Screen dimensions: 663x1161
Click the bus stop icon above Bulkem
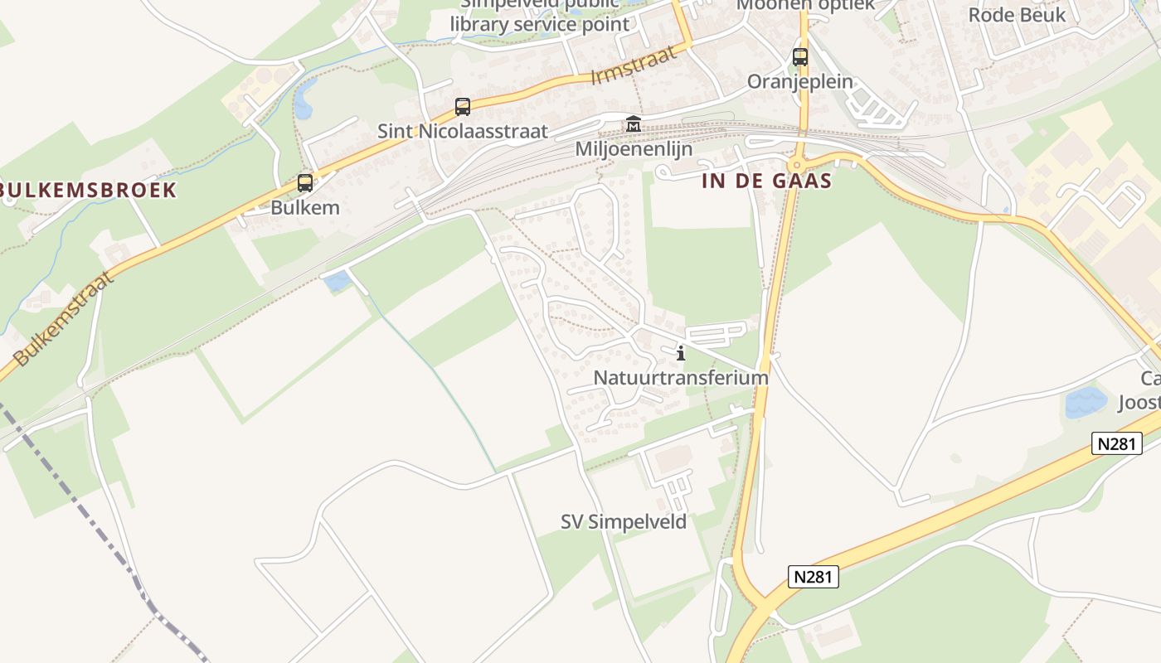pos(305,183)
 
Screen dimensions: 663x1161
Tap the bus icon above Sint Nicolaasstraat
pos(463,107)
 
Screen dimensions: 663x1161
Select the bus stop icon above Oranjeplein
pos(800,57)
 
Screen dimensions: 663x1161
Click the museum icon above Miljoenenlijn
pos(634,124)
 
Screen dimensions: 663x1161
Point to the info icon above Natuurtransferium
pos(681,354)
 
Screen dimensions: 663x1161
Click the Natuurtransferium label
pos(681,378)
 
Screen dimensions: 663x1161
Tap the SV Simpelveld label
pos(624,522)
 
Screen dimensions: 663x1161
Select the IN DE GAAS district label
pos(766,181)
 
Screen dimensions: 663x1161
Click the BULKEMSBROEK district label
pos(88,190)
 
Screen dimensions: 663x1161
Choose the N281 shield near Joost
pos(1116,443)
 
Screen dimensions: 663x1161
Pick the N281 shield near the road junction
pos(813,577)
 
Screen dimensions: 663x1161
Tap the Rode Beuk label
pos(1017,15)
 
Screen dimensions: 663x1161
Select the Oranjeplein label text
pos(800,82)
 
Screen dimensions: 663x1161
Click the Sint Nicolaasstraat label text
pos(463,131)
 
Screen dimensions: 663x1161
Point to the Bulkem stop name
pos(305,207)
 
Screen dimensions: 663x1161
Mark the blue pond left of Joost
pos(1086,403)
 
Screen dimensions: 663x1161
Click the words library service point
pos(540,24)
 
